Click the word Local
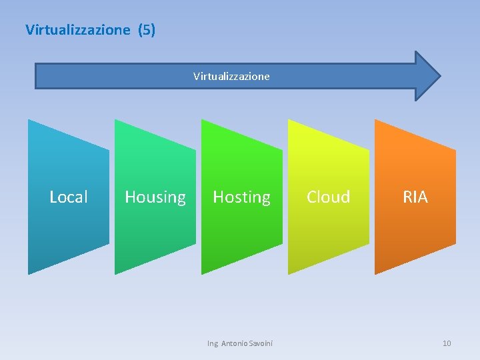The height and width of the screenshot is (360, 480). [69, 197]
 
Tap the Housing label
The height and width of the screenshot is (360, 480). [155, 197]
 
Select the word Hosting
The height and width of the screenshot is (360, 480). [241, 197]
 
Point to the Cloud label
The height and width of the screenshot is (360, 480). [328, 197]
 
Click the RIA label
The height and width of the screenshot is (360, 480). [415, 197]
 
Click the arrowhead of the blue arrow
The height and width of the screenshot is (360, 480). [427, 75]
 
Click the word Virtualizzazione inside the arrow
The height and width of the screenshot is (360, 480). [231, 76]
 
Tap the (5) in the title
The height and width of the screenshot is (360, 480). [147, 30]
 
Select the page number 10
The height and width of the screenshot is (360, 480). [447, 343]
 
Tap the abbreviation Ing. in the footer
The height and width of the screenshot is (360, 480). [213, 343]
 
